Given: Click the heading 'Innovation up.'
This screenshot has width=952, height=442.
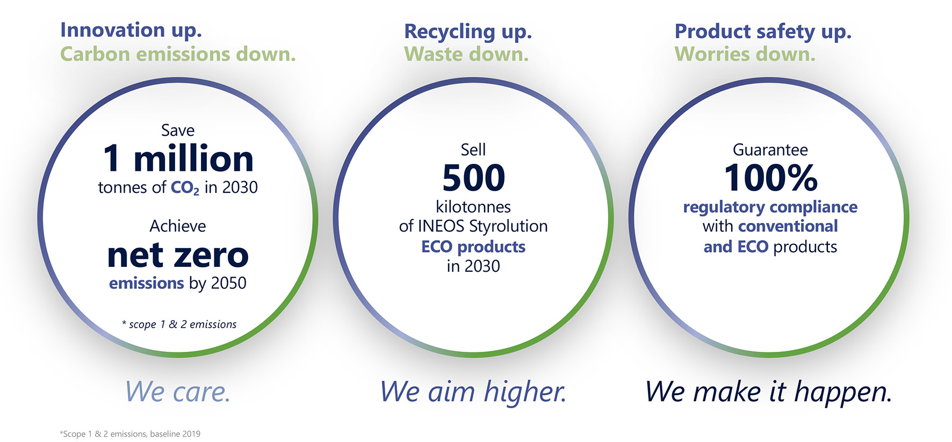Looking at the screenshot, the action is [x=131, y=31].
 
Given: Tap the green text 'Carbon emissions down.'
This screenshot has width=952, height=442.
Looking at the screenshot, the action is [x=178, y=54].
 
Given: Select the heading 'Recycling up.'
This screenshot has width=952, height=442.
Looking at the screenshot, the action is [x=468, y=32].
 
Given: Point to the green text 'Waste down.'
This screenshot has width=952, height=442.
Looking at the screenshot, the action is [x=466, y=54].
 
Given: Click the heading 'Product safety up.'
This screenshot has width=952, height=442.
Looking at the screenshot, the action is [x=763, y=32].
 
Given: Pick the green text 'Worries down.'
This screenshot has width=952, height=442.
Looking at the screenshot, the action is [x=745, y=54].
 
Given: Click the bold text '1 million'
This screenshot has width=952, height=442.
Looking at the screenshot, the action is [x=178, y=158].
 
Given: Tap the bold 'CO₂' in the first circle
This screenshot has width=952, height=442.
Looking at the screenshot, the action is [x=185, y=188].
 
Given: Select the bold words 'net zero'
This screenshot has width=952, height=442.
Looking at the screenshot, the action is [x=178, y=255].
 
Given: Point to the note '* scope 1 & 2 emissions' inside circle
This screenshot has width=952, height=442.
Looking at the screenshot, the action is [x=179, y=324].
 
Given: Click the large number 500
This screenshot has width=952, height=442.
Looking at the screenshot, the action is [x=474, y=178].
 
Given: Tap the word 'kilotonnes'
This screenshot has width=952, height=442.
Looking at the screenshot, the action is [x=473, y=207].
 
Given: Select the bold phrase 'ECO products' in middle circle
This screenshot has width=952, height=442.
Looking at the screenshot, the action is [x=473, y=247].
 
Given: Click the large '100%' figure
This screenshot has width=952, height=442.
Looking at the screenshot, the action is [x=771, y=178].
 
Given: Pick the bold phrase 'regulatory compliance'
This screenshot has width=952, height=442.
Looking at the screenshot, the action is [x=770, y=207].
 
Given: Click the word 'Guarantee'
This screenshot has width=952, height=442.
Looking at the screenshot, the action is [x=770, y=150].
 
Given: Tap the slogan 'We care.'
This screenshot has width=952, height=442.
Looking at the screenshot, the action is [x=178, y=391].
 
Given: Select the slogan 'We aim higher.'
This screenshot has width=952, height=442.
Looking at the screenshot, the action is [x=473, y=392].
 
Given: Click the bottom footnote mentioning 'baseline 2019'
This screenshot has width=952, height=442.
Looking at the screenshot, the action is [x=130, y=434].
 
